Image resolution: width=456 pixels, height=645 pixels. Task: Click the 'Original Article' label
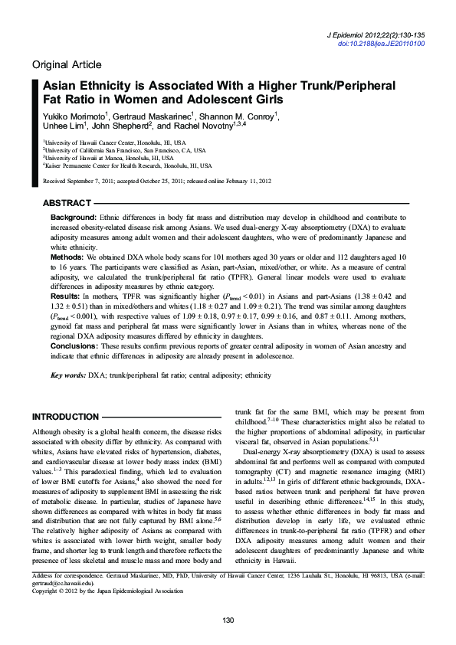[x=66, y=64]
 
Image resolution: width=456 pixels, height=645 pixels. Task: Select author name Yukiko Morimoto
[x=77, y=116]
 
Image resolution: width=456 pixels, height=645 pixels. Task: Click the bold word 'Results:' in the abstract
[x=65, y=294]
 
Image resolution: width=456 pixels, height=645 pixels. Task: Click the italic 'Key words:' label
[x=67, y=376]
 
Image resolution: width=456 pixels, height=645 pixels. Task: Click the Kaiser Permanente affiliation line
[x=126, y=165]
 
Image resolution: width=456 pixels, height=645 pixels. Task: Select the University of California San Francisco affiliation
[x=123, y=151]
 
